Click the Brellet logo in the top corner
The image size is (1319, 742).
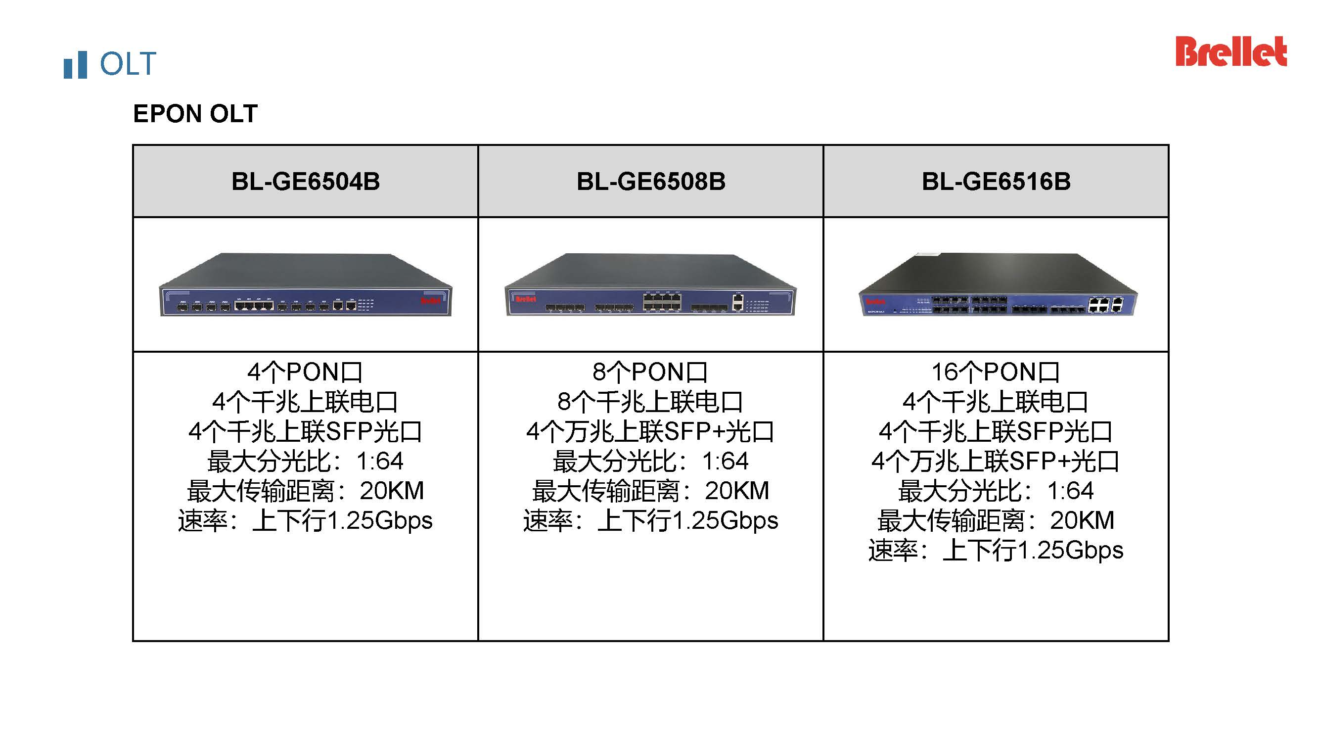tap(1230, 52)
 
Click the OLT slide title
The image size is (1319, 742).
tap(128, 64)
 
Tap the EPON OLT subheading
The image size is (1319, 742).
tap(195, 114)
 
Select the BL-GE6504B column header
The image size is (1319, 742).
tap(306, 181)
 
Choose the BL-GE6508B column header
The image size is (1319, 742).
tap(651, 181)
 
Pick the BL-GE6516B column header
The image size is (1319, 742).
tap(996, 181)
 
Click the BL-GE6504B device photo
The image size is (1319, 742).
tap(306, 285)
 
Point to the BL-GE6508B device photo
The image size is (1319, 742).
tap(650, 285)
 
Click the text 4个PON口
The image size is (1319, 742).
tap(305, 372)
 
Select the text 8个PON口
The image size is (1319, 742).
tap(650, 372)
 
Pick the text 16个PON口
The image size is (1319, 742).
tap(996, 372)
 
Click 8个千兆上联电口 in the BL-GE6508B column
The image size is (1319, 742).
tap(650, 402)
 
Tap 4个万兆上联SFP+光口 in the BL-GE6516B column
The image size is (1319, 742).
tap(996, 462)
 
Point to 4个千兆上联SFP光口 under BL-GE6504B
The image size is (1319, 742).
tap(305, 432)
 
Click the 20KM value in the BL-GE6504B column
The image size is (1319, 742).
tap(392, 491)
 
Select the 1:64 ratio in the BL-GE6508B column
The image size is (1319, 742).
tap(725, 462)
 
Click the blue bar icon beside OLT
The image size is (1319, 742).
tap(75, 65)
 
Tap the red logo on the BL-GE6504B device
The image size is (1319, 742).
tap(430, 301)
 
